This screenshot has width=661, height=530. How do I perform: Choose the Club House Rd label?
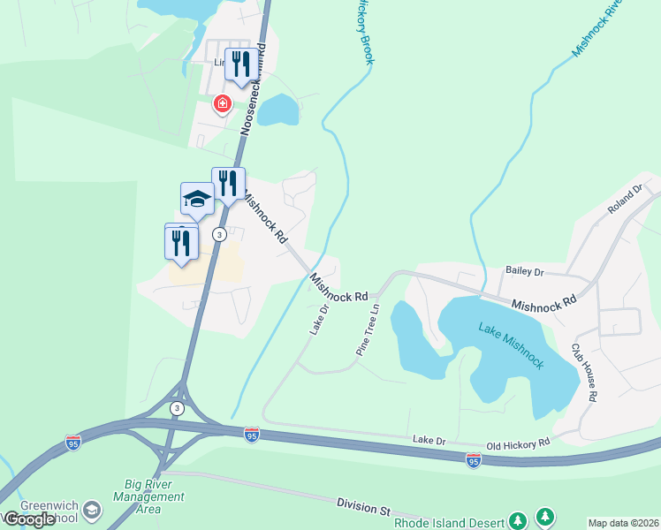584,372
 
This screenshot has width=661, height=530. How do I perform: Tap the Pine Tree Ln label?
368,330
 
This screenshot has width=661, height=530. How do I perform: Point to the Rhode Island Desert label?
449,521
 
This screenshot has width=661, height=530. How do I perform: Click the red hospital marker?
222,105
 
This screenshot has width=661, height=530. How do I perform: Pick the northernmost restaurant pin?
241,64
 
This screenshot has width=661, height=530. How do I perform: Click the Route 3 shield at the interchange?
176,407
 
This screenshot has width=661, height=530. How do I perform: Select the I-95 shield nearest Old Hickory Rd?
473,460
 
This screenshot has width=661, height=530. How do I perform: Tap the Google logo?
29,519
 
